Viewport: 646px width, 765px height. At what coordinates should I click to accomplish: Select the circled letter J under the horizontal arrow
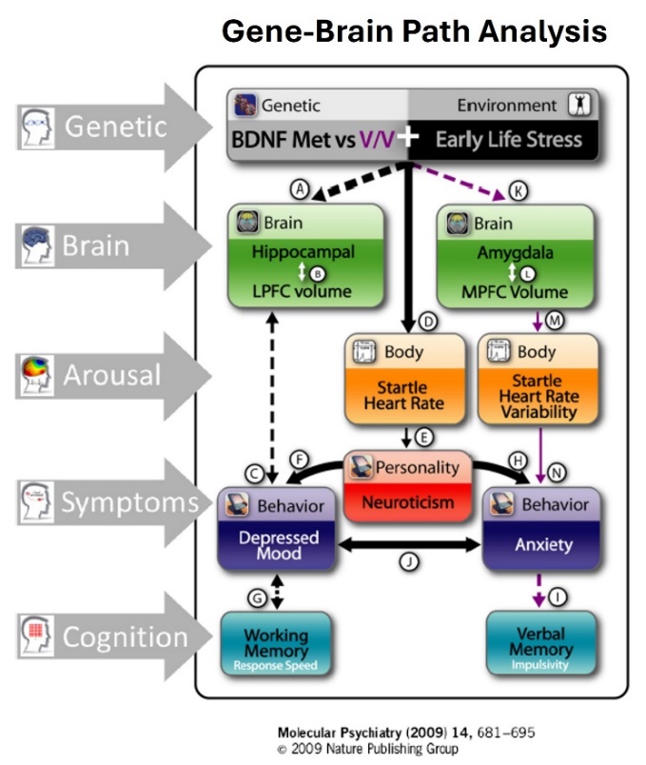(409, 562)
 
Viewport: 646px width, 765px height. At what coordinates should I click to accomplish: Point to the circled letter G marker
(256, 597)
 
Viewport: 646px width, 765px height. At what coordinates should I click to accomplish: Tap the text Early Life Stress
(508, 140)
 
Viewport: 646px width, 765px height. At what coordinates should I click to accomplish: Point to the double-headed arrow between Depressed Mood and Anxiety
(408, 545)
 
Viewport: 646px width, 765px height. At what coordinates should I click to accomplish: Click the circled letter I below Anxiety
(561, 597)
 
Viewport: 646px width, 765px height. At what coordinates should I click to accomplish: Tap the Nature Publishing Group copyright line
(367, 749)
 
